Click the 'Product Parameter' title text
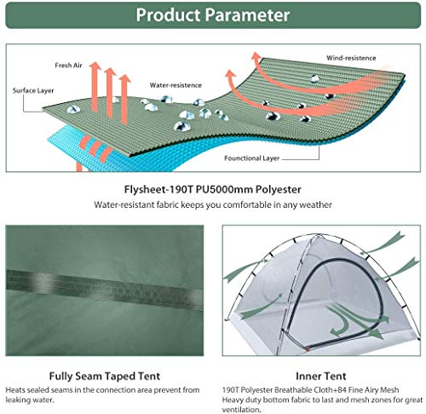[x=213, y=14]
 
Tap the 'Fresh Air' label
[x=68, y=66]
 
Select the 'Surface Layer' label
[x=33, y=90]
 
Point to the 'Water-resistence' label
[x=176, y=85]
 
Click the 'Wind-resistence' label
[x=351, y=58]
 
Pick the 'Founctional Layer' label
[x=252, y=158]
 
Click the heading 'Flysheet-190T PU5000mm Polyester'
[x=213, y=189]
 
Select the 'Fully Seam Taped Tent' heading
[x=105, y=376]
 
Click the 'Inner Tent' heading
[x=321, y=376]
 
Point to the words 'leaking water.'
[x=30, y=400]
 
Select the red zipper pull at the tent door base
[x=307, y=348]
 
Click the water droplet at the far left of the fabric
[x=73, y=110]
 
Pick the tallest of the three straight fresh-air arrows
[x=95, y=87]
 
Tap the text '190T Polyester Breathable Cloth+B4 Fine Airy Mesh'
[x=310, y=390]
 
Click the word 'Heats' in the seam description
[x=15, y=390]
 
